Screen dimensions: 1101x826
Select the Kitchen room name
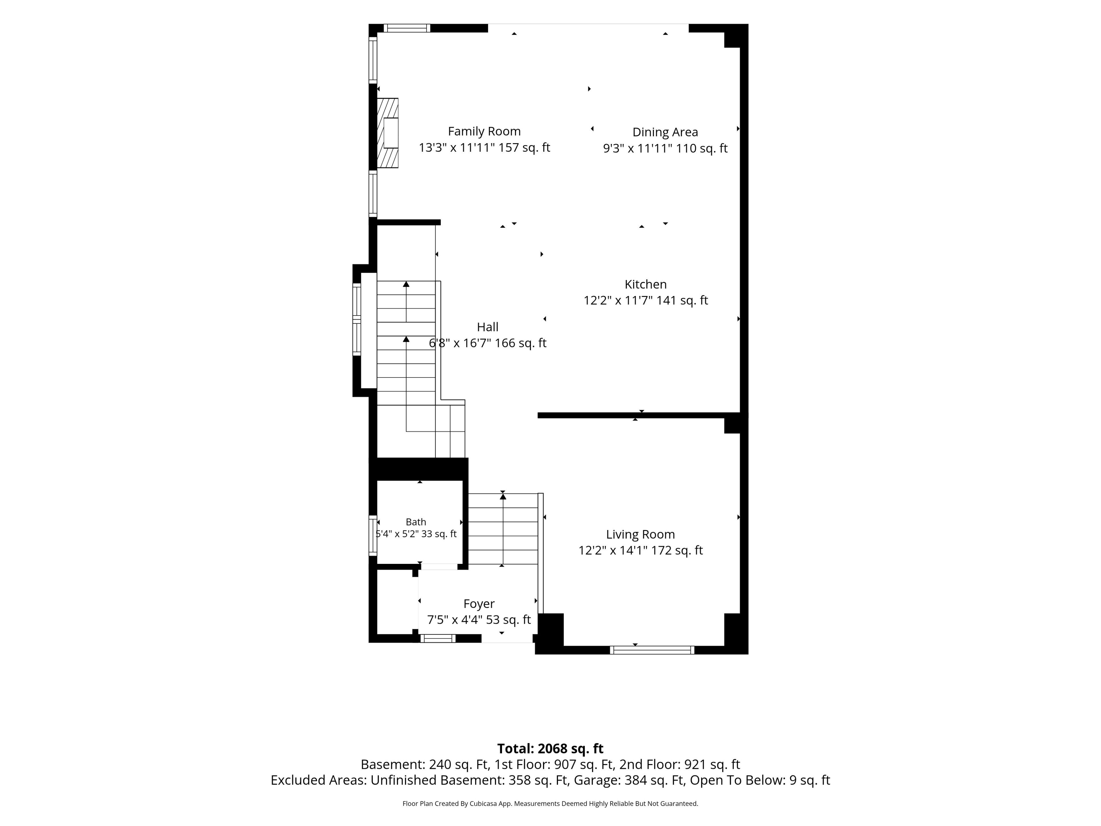646,284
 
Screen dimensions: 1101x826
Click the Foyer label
479,604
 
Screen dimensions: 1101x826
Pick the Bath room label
416,522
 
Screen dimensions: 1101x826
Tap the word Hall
487,327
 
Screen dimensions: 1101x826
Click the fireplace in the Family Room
388,133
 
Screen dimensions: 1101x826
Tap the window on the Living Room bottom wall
652,650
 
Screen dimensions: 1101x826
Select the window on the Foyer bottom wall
438,638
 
